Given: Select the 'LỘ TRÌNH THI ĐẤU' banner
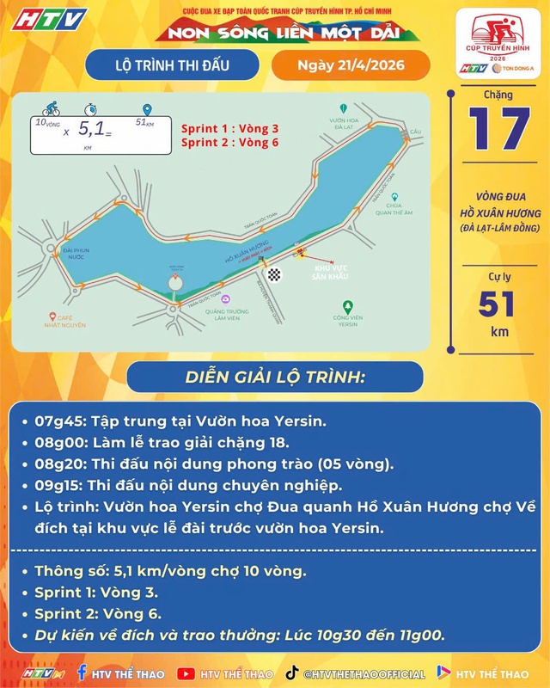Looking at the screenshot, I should [171, 64].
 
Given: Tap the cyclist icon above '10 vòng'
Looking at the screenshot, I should [51, 111].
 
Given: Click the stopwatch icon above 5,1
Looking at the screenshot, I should [91, 110].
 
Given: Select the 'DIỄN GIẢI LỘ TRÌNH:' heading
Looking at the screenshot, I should [275, 378].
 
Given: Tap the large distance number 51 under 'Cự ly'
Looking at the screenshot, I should [496, 304].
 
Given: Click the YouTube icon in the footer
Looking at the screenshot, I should [185, 673].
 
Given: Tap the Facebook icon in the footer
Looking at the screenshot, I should [82, 673].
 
